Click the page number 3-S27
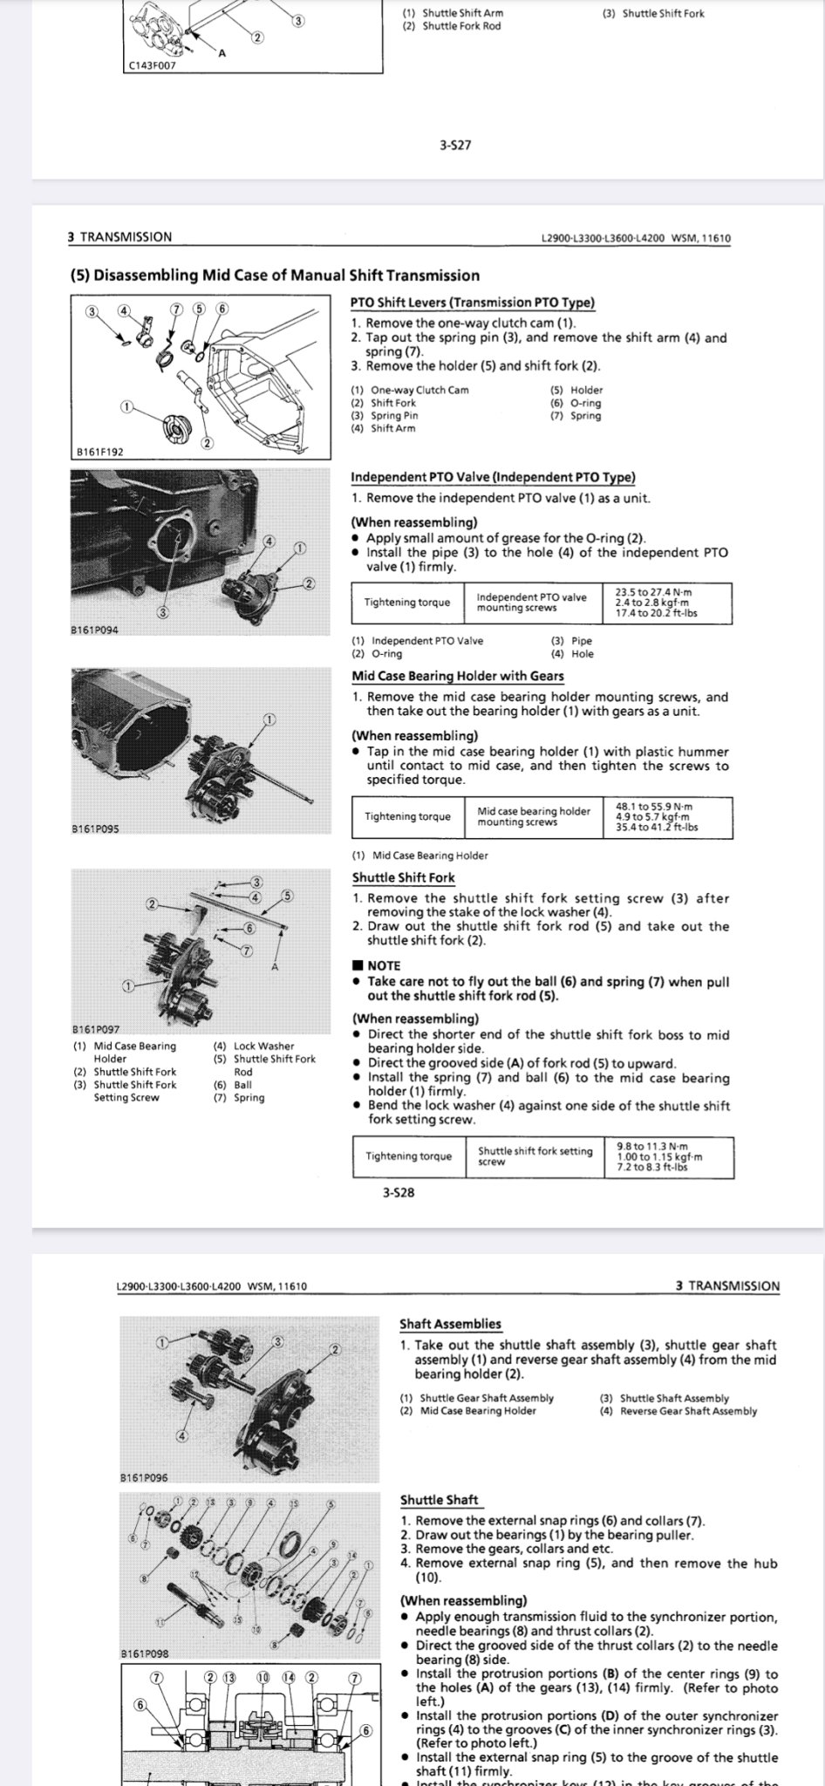tap(455, 146)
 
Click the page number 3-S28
tap(399, 1192)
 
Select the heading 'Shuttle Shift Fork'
tap(403, 878)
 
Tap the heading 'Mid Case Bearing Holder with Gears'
tap(457, 676)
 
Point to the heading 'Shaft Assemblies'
tap(450, 1324)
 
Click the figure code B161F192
tap(99, 452)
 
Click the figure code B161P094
tap(95, 630)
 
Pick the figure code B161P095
tap(95, 829)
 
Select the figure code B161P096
tap(144, 1477)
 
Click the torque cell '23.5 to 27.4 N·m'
tap(657, 591)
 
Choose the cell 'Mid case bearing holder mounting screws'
tap(533, 816)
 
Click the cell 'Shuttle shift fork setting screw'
tap(534, 1155)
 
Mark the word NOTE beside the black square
tap(384, 965)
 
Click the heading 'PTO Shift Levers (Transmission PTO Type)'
tap(472, 303)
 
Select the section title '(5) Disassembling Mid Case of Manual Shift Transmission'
tap(274, 276)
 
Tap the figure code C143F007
tap(151, 64)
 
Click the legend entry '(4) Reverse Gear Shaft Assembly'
tap(678, 1410)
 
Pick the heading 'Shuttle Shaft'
tap(439, 1500)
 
